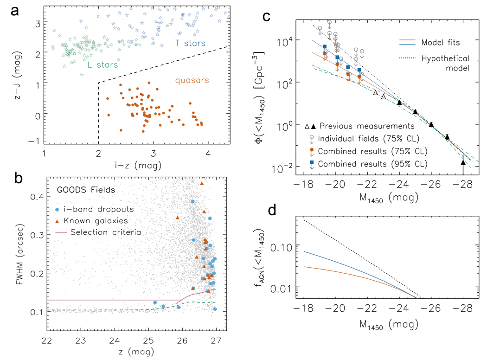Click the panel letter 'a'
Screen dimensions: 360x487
click(15, 13)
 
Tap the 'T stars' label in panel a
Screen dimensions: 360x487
click(190, 44)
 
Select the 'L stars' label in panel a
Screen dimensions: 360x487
click(102, 65)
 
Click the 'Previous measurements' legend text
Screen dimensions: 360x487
click(366, 126)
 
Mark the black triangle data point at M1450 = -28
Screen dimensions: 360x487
click(463, 162)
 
